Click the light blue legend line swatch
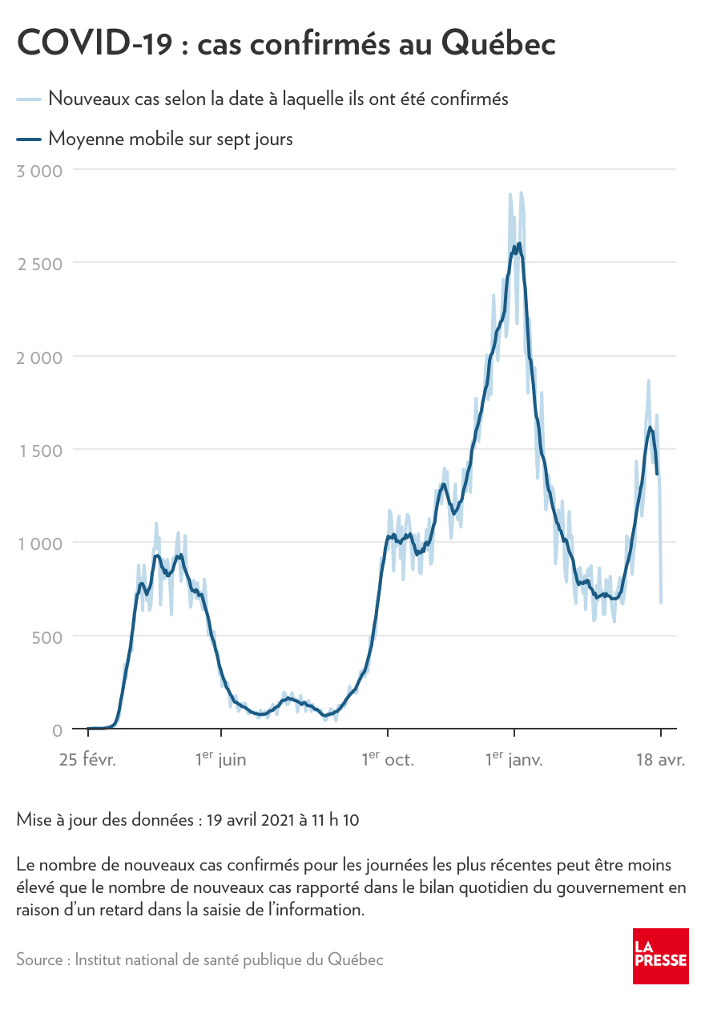click(28, 99)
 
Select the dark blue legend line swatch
click(28, 139)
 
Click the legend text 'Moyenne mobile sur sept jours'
click(171, 139)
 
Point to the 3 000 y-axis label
click(39, 170)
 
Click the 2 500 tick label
click(39, 264)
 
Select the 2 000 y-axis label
click(39, 357)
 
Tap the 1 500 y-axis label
click(40, 450)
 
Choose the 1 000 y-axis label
click(40, 543)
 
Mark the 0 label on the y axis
click(57, 730)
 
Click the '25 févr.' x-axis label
click(87, 759)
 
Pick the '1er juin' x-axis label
click(221, 759)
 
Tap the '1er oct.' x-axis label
click(388, 759)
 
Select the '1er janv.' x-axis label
click(514, 759)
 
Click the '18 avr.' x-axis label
click(660, 759)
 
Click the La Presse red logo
click(660, 957)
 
